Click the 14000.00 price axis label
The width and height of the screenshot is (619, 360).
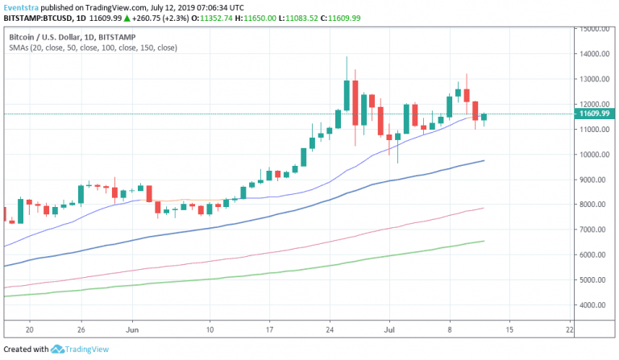click(592, 54)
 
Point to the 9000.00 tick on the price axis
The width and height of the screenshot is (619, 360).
click(592, 180)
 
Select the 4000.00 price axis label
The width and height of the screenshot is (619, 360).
click(592, 305)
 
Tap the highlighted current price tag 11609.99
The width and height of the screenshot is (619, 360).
click(593, 114)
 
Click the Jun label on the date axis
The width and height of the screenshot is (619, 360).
click(134, 329)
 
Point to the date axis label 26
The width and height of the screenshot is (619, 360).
click(81, 329)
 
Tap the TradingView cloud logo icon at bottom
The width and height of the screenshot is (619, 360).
click(59, 350)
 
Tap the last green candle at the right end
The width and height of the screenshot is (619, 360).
click(484, 118)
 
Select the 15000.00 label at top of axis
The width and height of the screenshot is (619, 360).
click(592, 29)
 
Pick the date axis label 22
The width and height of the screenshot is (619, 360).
click(570, 329)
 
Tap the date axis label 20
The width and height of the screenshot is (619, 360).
click(29, 329)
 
